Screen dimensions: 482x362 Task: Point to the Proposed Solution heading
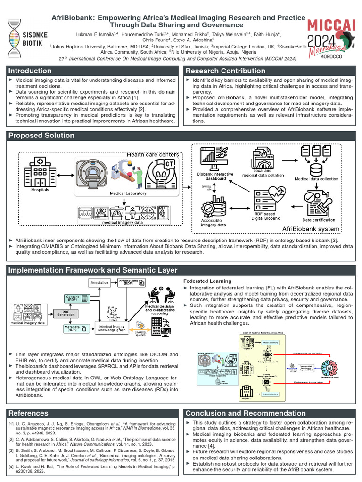point(41,136)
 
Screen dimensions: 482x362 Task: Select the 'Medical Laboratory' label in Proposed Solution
point(128,193)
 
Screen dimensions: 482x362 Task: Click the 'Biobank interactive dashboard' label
point(215,177)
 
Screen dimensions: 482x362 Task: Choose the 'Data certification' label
point(319,219)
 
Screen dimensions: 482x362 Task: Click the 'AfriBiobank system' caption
point(310,229)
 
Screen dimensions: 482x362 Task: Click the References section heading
point(28,413)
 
